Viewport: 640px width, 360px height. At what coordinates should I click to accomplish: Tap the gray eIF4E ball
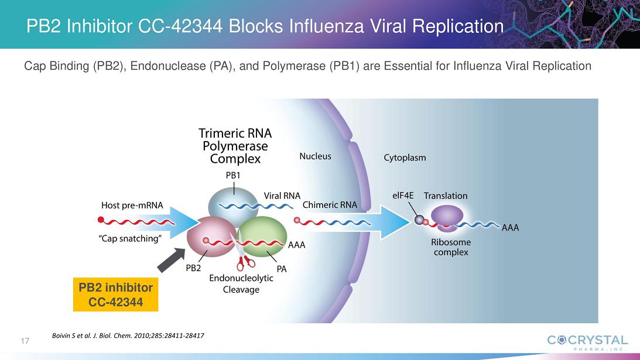pyautogui.click(x=419, y=220)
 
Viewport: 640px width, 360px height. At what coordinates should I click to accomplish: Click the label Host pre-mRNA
pyautogui.click(x=132, y=205)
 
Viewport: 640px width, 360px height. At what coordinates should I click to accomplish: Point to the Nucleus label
pyautogui.click(x=315, y=156)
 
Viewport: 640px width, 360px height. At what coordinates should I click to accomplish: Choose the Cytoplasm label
pyautogui.click(x=405, y=157)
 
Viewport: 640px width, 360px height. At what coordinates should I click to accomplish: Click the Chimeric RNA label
pyautogui.click(x=330, y=205)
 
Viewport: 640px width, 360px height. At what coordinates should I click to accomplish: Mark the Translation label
pyautogui.click(x=446, y=196)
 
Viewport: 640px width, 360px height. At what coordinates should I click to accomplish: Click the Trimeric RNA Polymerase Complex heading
pyautogui.click(x=235, y=146)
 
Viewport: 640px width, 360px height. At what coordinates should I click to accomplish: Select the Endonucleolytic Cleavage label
pyautogui.click(x=241, y=284)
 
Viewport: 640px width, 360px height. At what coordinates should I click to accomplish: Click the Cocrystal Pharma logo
pyautogui.click(x=587, y=341)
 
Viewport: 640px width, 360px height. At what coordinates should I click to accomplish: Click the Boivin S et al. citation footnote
pyautogui.click(x=128, y=335)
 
